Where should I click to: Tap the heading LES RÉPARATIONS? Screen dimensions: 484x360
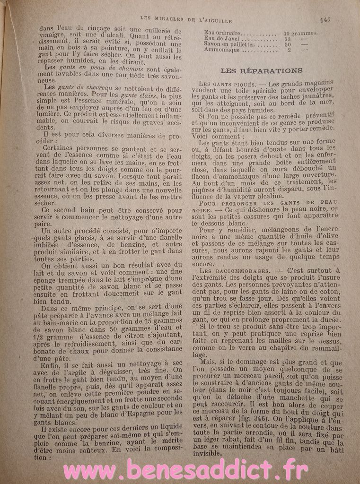click(x=262, y=70)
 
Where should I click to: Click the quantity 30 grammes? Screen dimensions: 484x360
click(x=300, y=33)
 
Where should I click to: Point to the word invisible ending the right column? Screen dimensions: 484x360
click(x=211, y=453)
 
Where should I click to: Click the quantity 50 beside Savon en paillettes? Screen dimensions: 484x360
click(x=287, y=44)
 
